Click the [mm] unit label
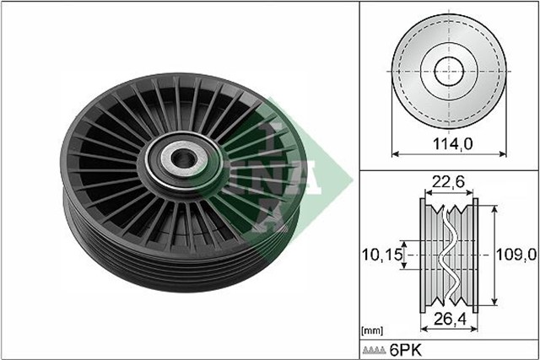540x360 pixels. point(372,330)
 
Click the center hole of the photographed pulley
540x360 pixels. point(180,158)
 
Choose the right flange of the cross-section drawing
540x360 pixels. point(474,253)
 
